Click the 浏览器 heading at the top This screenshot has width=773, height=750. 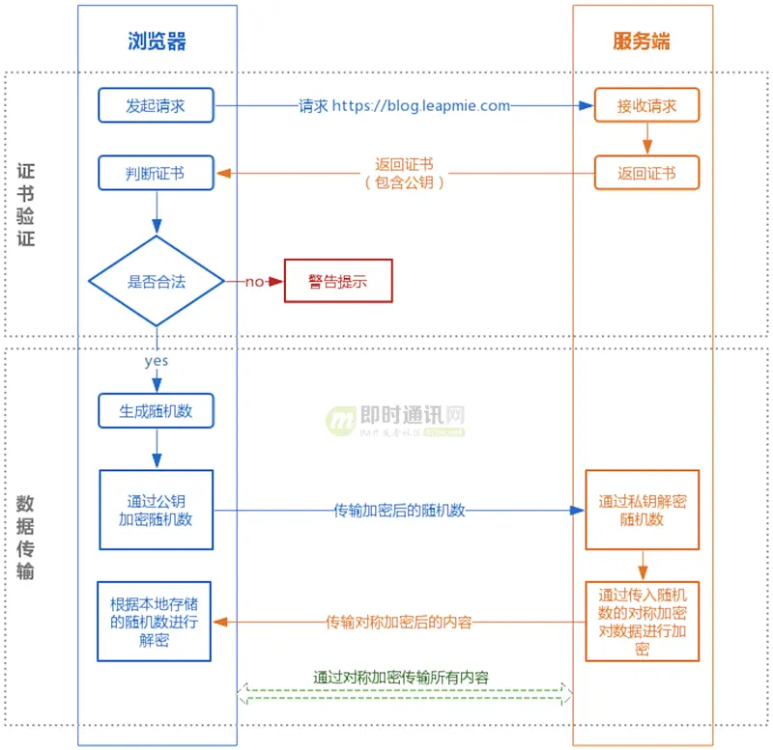[x=157, y=41]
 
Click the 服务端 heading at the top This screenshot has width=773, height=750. [x=642, y=41]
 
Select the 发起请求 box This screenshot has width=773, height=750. [x=156, y=105]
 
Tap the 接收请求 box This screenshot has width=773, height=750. [x=646, y=105]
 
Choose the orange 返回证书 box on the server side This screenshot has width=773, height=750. [x=646, y=174]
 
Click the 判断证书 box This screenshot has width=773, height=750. [x=156, y=174]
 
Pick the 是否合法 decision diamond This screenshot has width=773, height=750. [x=156, y=282]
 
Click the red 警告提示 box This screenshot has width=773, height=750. [x=338, y=281]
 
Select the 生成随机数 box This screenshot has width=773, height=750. [x=156, y=410]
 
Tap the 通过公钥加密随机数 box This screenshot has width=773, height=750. [x=156, y=510]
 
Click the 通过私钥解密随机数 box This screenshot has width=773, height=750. [x=642, y=510]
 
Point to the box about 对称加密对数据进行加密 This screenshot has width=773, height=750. [x=642, y=621]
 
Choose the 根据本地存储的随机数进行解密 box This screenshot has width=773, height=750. [x=155, y=621]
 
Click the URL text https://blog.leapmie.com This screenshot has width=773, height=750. [x=421, y=105]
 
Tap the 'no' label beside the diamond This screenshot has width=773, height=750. [x=253, y=282]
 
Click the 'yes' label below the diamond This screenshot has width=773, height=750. [x=156, y=360]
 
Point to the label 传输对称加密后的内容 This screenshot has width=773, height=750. [x=399, y=622]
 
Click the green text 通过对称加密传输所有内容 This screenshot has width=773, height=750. [x=401, y=677]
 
